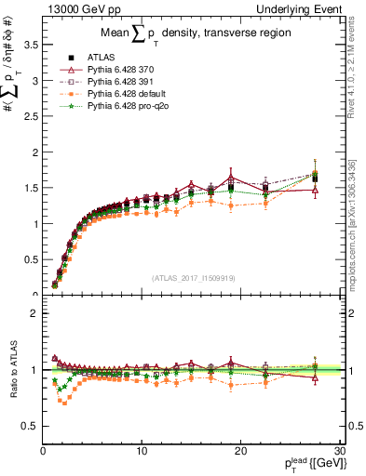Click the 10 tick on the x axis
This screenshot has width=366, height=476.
pyautogui.click(x=142, y=450)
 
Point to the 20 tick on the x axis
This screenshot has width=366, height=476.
pyautogui.click(x=240, y=450)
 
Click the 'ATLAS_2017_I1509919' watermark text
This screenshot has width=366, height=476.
pyautogui.click(x=192, y=277)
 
